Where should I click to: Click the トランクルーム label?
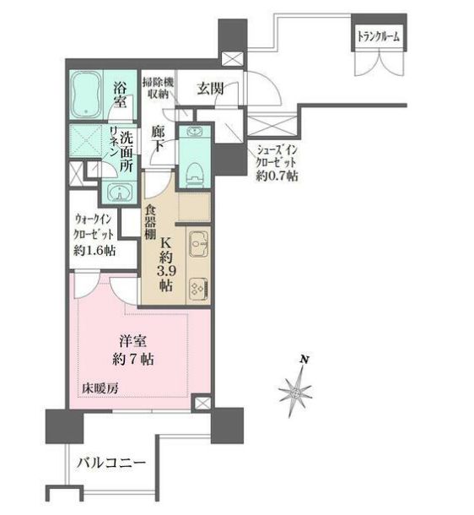pyautogui.click(x=379, y=36)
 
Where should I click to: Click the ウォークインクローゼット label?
pyautogui.click(x=93, y=236)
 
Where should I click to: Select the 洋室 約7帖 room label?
pyautogui.click(x=134, y=350)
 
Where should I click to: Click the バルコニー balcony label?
pyautogui.click(x=111, y=463)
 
